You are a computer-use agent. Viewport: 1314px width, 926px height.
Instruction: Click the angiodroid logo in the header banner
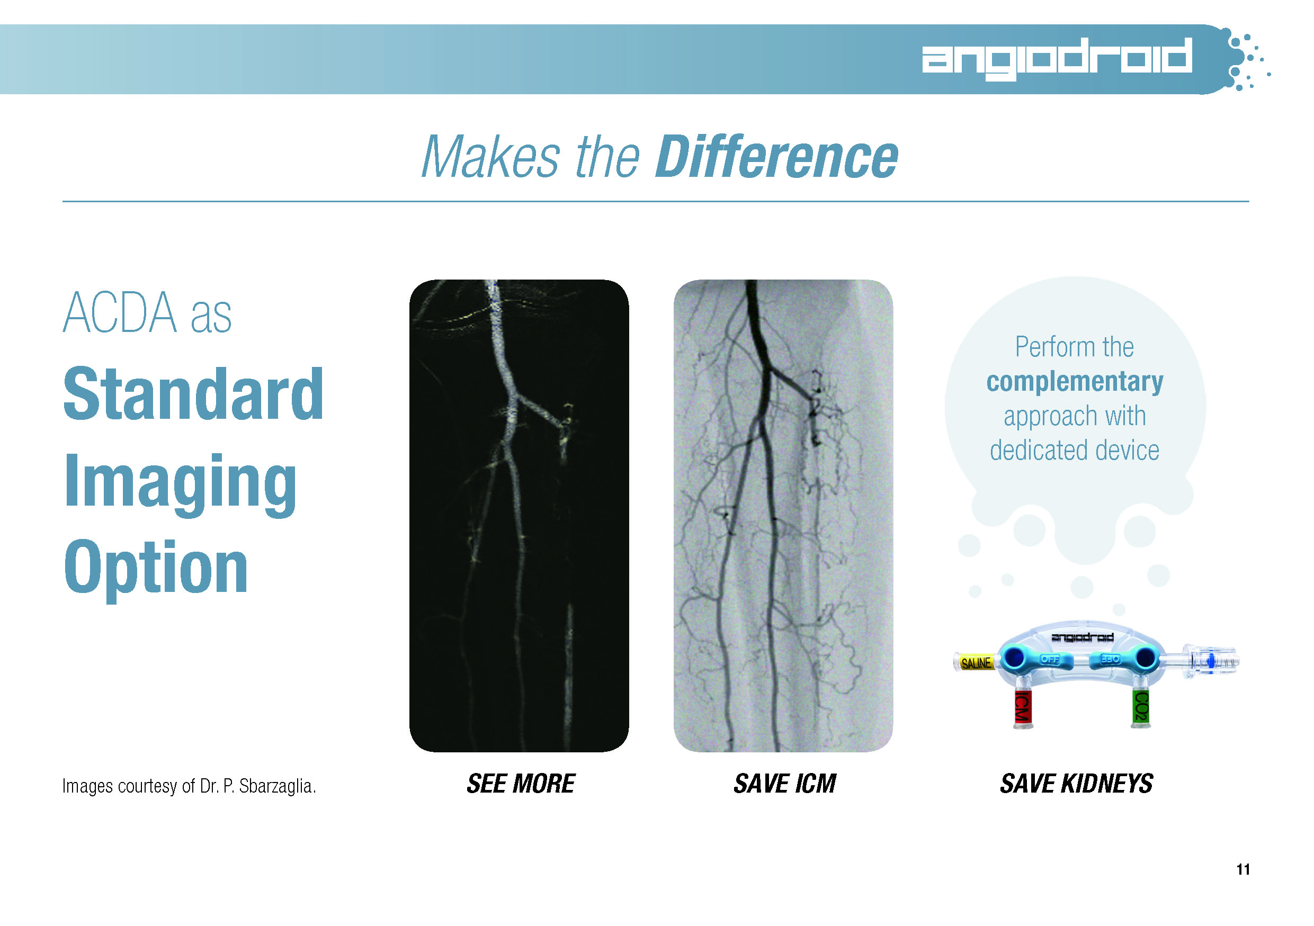[1057, 58]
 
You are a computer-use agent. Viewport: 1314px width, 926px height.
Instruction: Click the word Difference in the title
[776, 157]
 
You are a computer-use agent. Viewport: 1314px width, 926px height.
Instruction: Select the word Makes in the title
[490, 157]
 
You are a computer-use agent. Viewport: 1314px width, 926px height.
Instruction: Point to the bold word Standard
[193, 394]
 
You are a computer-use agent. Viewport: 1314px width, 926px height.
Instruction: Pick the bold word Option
[156, 570]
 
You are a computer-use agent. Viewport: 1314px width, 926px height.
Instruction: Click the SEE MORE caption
[521, 784]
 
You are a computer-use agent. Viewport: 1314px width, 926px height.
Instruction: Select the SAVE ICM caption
[784, 784]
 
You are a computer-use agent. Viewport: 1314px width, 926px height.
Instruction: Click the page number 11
[1243, 869]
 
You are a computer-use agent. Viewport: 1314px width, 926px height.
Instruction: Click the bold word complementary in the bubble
[1075, 382]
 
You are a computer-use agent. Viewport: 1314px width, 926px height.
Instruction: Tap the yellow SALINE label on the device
[976, 663]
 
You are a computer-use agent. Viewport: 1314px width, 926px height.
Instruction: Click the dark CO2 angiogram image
[519, 515]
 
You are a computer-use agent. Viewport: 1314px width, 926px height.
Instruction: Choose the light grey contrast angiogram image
[783, 515]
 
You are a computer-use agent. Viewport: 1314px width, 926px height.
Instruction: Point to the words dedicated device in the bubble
[1075, 450]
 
